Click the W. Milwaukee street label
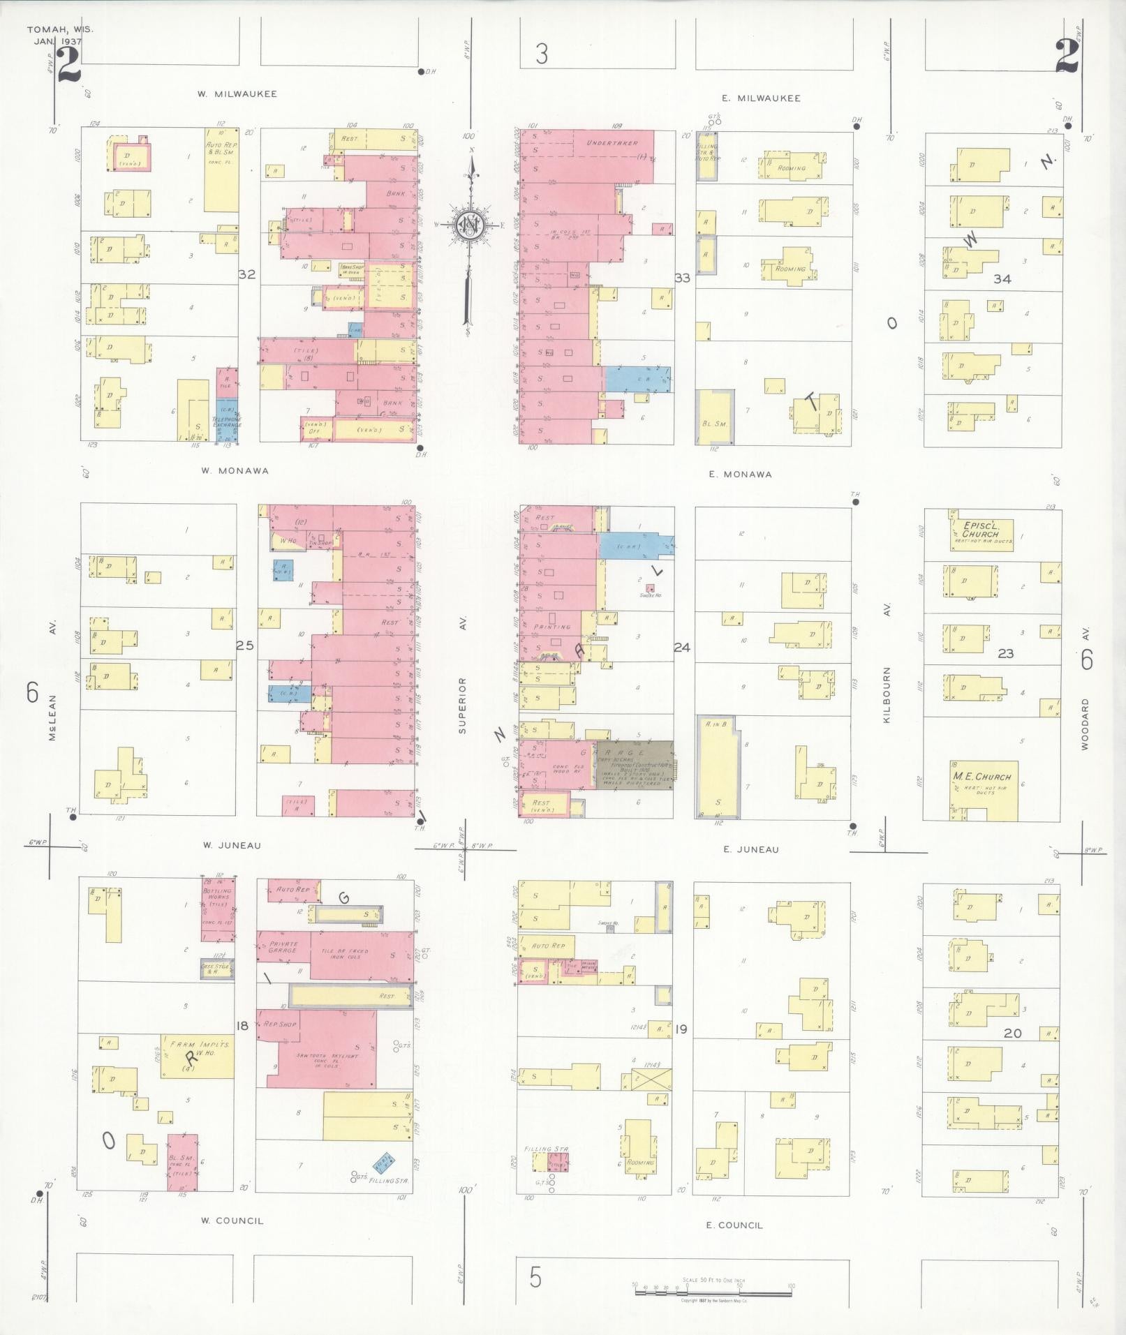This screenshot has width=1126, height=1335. [236, 94]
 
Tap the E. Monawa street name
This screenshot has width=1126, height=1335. [740, 475]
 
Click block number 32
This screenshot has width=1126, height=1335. [246, 274]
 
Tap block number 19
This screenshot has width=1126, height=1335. [681, 1029]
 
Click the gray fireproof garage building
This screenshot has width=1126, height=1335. [634, 765]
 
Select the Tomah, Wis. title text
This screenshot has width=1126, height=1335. [59, 30]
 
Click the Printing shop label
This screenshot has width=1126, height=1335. [552, 627]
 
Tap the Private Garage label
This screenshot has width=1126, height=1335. [283, 947]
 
